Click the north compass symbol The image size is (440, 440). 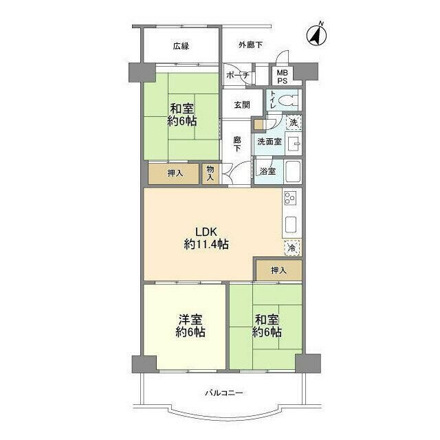pos(317,35)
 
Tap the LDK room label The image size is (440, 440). pos(206,239)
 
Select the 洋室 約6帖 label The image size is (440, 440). pos(190,326)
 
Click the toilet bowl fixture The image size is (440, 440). pos(288,100)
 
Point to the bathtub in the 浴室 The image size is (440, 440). pos(293,171)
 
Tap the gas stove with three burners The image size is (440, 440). pos(290,198)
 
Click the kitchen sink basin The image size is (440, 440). pos(291,225)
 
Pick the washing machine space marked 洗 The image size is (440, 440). pos(294,122)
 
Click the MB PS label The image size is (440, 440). pos(283,76)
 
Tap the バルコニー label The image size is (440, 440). pos(224,393)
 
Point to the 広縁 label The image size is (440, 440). pos(181,46)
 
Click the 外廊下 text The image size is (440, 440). pos(250,45)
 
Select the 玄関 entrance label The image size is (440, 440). pos(242,105)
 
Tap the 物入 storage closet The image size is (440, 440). pos(210,174)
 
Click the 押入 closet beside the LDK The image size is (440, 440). pos(279,270)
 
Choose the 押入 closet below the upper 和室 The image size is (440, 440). pos(174,174)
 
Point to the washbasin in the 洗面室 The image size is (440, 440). pos(294,144)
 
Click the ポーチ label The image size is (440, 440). pos(237,75)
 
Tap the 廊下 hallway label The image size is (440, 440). pos(237,144)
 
